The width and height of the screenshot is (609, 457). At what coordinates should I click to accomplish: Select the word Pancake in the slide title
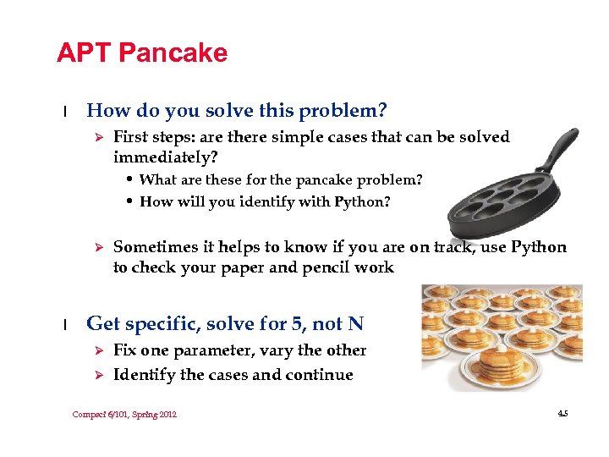click(x=173, y=53)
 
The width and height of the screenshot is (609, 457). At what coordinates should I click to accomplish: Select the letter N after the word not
click(x=355, y=323)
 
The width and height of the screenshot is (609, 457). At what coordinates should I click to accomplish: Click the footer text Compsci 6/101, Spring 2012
click(x=124, y=414)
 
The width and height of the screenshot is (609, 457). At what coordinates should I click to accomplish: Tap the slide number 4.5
click(x=562, y=414)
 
